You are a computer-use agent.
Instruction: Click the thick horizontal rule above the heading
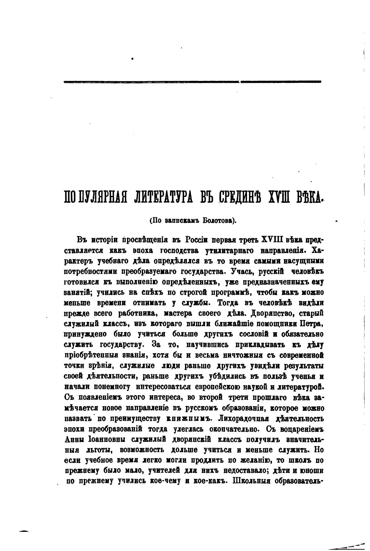pyautogui.click(x=192, y=82)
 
